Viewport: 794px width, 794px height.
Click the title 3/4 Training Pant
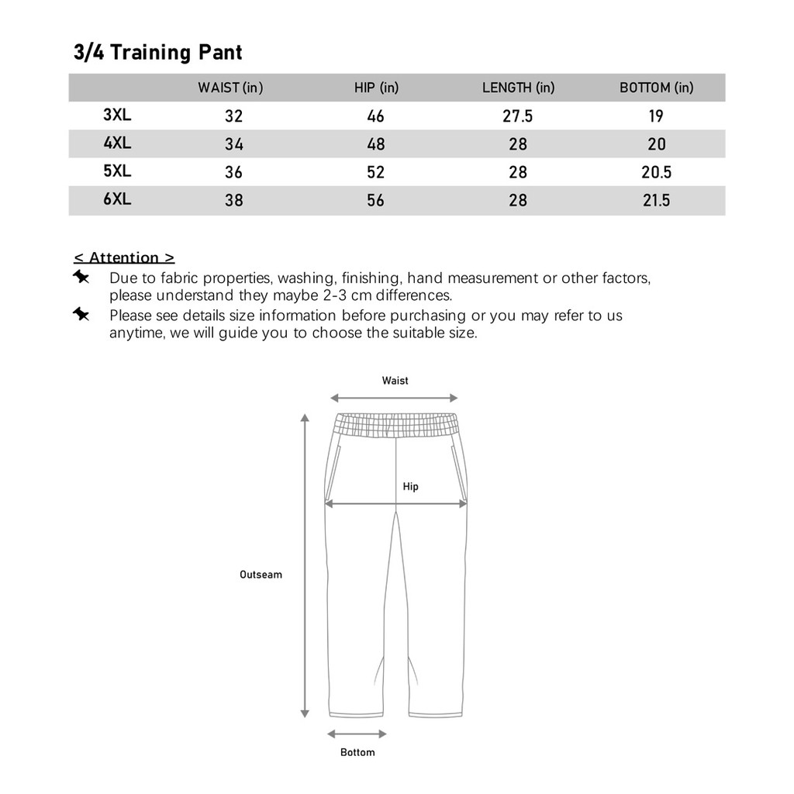(158, 53)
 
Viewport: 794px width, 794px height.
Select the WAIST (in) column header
(230, 88)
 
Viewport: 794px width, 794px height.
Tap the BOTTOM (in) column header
(656, 88)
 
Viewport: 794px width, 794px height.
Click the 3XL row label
(117, 115)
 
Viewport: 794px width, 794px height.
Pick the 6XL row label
(117, 198)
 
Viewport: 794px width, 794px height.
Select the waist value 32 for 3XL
(233, 116)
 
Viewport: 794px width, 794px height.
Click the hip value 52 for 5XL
(375, 172)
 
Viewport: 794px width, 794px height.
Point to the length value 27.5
(518, 116)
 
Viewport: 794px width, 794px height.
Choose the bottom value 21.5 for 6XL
(656, 200)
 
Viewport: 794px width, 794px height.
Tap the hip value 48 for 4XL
(375, 144)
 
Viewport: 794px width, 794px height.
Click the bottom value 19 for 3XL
(656, 116)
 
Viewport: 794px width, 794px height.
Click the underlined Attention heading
(124, 257)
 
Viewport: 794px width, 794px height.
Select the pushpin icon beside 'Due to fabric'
(81, 277)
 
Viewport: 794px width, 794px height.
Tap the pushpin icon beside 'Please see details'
(81, 314)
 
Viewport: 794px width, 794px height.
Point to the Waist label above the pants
(395, 381)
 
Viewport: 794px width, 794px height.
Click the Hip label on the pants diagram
(410, 486)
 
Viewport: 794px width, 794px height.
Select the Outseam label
(261, 575)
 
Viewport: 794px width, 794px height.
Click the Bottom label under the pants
(357, 752)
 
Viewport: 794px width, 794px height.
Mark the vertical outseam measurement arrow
(305, 566)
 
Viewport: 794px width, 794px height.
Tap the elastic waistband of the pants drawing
(395, 426)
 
